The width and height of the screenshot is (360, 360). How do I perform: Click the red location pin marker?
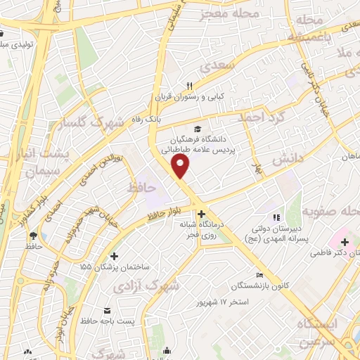click(x=181, y=166)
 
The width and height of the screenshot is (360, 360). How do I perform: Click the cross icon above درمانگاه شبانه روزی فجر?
click(x=202, y=214)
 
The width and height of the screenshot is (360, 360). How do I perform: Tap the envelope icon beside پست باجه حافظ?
click(x=107, y=310)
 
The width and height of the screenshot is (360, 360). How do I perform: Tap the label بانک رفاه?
click(x=143, y=121)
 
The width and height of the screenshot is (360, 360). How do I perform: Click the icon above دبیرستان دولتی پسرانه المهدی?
click(x=276, y=217)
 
